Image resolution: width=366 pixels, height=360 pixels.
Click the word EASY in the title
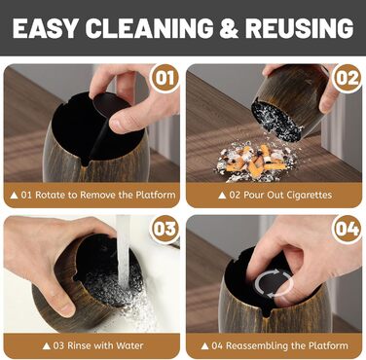[x=45, y=28]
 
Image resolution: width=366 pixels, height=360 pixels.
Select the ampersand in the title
[x=229, y=28]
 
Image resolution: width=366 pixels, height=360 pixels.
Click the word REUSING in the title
[x=299, y=28]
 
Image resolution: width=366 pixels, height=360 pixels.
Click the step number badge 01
[x=165, y=78]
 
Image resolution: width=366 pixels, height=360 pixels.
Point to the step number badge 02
[x=348, y=78]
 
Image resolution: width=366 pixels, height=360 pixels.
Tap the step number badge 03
[x=165, y=229]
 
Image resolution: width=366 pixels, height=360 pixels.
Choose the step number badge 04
[x=348, y=229]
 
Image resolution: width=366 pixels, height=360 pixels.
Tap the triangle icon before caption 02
[x=222, y=196]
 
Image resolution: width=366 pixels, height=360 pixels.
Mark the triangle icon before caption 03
[x=47, y=346]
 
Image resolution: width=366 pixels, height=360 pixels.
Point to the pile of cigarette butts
[x=256, y=162]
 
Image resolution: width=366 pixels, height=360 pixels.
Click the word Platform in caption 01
[x=156, y=195]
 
